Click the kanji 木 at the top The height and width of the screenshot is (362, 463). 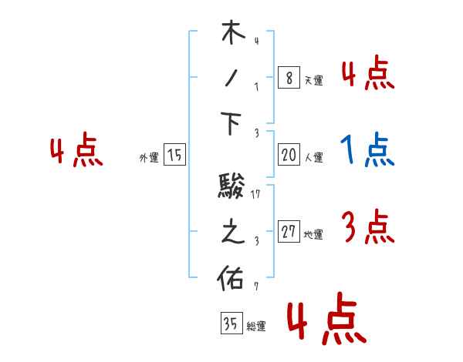point(232,35)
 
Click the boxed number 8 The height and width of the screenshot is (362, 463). point(288,78)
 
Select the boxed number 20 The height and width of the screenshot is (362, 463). point(289,155)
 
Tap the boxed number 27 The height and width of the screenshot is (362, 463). point(289,232)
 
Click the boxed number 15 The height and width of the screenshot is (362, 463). point(174,155)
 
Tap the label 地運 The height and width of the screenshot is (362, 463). point(313,235)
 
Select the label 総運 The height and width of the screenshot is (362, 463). point(255,326)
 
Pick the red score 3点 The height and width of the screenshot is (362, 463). point(368,227)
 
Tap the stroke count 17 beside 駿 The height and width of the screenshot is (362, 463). point(257,193)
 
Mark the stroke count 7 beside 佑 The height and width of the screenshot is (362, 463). point(255,287)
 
